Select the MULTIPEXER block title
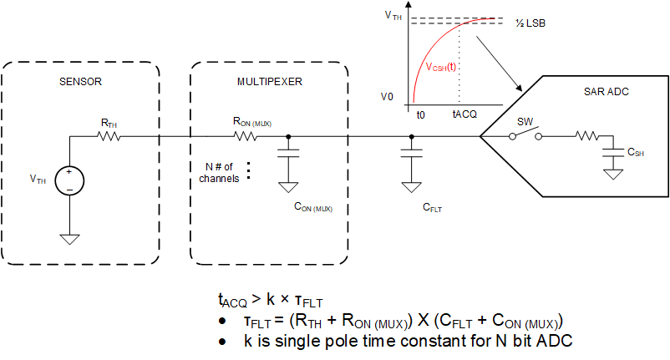(x=269, y=84)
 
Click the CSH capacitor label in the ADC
(x=635, y=153)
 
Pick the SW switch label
(x=525, y=122)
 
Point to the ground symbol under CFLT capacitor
(x=410, y=185)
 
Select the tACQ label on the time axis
(x=464, y=113)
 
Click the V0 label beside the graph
(x=387, y=97)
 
